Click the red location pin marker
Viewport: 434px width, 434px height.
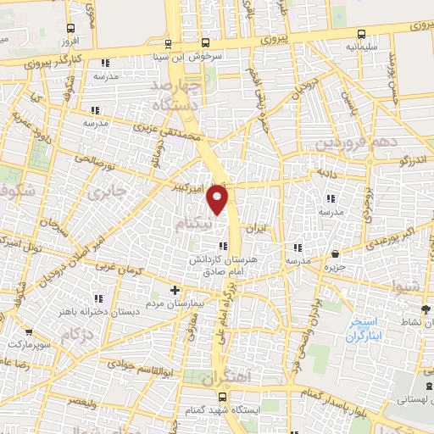(218, 199)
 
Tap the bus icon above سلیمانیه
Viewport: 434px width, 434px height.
(362, 35)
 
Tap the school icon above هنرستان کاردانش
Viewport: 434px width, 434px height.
(223, 247)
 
